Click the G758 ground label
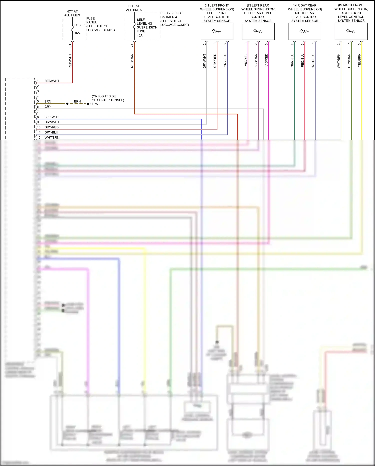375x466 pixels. click(96, 104)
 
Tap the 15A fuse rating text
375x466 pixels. click(77, 33)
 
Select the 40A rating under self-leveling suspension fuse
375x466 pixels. click(140, 35)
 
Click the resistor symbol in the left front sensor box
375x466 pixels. click(216, 31)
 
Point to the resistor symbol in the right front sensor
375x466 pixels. click(350, 31)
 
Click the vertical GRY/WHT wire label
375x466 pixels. click(205, 61)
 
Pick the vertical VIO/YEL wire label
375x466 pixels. click(246, 60)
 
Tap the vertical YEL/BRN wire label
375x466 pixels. click(359, 60)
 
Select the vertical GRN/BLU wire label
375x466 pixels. click(292, 60)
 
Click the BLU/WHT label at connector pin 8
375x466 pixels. click(52, 117)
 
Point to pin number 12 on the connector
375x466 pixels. click(39, 138)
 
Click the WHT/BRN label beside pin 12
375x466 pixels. click(52, 138)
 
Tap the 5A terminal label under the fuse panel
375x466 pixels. click(70, 45)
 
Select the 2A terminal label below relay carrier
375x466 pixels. click(132, 45)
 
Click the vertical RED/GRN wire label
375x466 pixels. click(132, 61)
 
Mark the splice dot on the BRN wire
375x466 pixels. click(67, 104)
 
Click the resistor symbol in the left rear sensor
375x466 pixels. click(258, 31)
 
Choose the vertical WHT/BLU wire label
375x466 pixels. click(313, 60)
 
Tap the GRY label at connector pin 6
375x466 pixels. click(48, 107)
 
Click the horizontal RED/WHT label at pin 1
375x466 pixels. click(52, 81)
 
